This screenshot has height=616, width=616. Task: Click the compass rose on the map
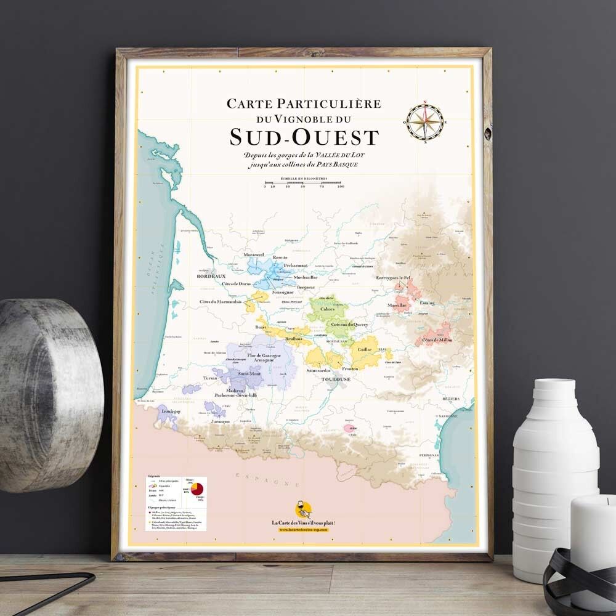pos(425,122)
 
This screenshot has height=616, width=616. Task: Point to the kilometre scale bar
pos(303,183)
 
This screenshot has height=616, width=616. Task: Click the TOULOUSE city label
pos(335,379)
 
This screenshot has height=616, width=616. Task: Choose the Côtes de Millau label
pos(436,341)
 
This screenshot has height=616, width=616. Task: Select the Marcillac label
pos(397,306)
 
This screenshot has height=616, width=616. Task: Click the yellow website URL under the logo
pos(303,530)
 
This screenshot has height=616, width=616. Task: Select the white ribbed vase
pos(554,474)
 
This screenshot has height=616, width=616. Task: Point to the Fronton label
pos(350,368)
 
